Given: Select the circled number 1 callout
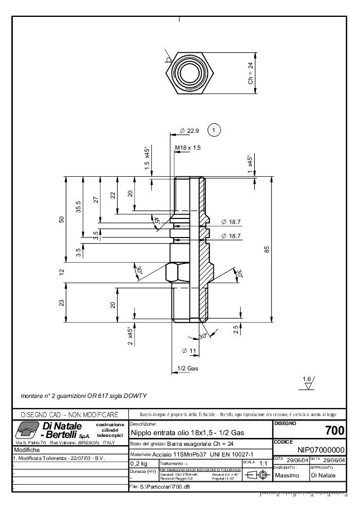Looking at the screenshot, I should (x=214, y=130).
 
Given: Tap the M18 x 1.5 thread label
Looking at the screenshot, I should (x=187, y=147).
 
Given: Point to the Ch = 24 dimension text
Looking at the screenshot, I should (x=251, y=73).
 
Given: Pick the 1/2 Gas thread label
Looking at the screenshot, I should (x=188, y=368).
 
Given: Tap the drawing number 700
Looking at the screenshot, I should (x=335, y=431).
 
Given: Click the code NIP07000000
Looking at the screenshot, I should (x=321, y=450).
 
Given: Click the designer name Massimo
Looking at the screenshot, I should (x=287, y=476).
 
